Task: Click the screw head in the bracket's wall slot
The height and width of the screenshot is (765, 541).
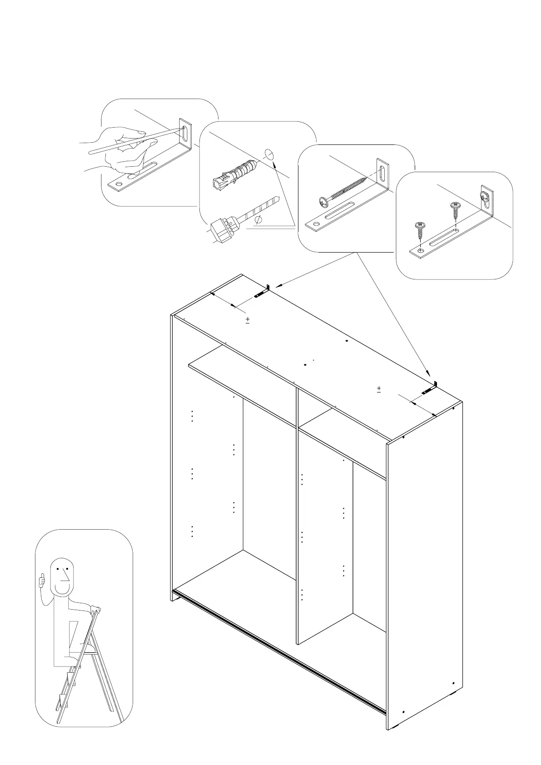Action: coord(485,197)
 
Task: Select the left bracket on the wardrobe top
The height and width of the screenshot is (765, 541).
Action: coord(263,292)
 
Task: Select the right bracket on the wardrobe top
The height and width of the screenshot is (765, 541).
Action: coord(430,389)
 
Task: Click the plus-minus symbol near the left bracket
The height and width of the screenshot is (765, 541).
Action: coord(248,320)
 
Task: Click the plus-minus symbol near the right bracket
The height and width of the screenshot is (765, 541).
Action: coord(378,389)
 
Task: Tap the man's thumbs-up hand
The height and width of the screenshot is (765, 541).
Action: coord(42,581)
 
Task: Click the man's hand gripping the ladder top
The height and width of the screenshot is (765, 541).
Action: coord(94,609)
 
